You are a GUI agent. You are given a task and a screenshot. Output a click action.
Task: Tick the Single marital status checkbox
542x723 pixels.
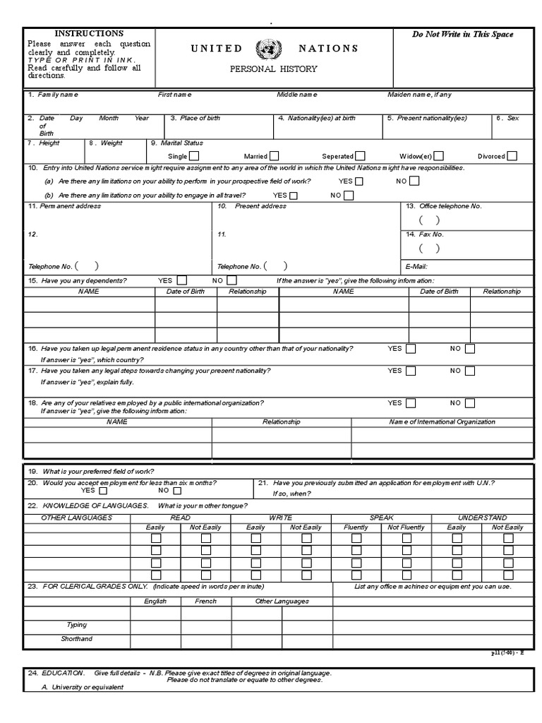pyautogui.click(x=194, y=156)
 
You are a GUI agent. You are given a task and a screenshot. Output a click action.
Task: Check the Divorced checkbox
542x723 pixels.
pyautogui.click(x=512, y=156)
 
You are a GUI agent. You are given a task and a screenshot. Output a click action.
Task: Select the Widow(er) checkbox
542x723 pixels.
pyautogui.click(x=439, y=156)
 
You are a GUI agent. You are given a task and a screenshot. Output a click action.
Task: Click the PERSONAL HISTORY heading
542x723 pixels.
pyautogui.click(x=274, y=69)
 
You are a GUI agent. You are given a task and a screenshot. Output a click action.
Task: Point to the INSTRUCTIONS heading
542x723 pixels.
pyautogui.click(x=89, y=33)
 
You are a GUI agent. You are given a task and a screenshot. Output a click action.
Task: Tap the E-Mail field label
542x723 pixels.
pyautogui.click(x=416, y=267)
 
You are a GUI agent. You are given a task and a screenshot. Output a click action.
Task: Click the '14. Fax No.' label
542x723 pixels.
pyautogui.click(x=425, y=234)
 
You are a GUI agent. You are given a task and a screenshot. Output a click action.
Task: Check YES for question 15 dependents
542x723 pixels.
pyautogui.click(x=182, y=280)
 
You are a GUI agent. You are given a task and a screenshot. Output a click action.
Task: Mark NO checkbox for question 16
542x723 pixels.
pyautogui.click(x=470, y=349)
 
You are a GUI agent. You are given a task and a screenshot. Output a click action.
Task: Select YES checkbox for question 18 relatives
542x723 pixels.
pyautogui.click(x=411, y=403)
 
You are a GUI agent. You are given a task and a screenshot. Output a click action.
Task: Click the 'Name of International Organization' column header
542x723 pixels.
pyautogui.click(x=442, y=422)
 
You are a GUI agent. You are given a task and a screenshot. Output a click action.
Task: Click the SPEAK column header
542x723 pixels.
pyautogui.click(x=381, y=518)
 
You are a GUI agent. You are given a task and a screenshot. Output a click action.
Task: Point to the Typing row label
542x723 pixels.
pyautogui.click(x=76, y=625)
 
